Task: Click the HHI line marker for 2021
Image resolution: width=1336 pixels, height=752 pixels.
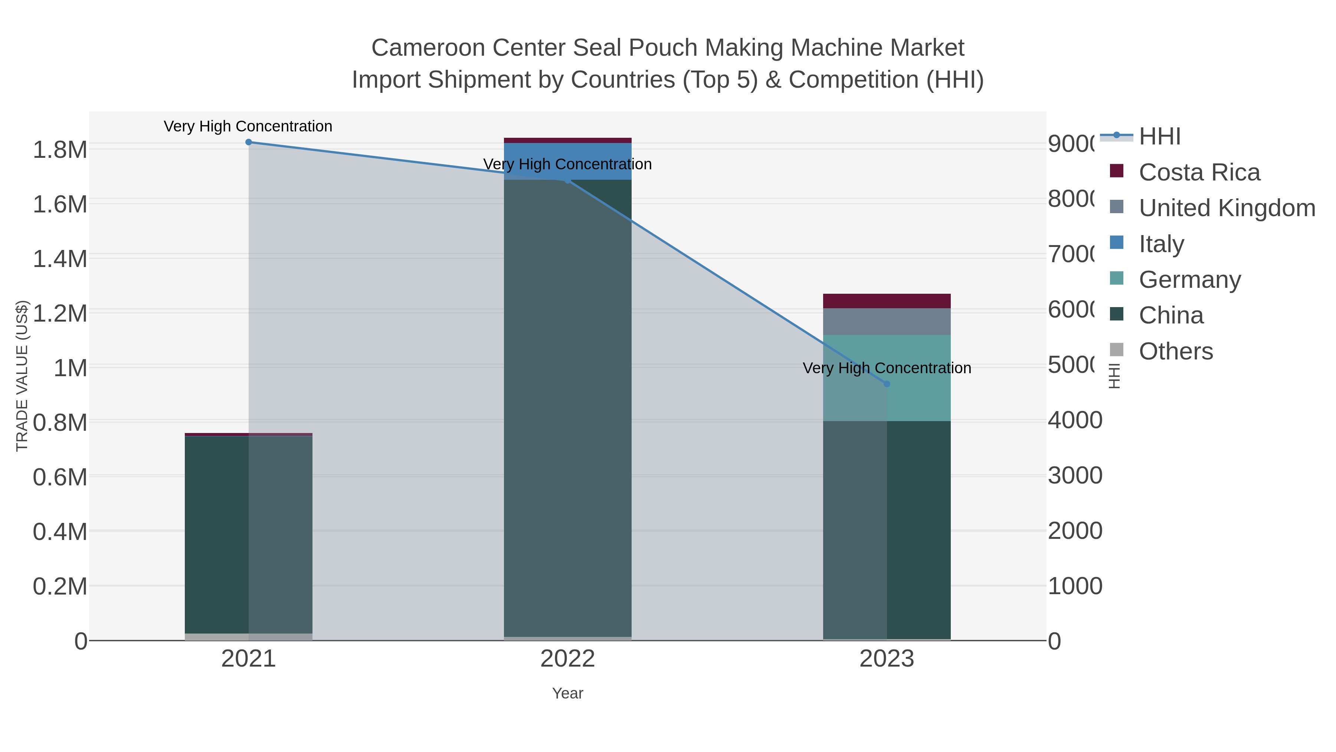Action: pos(248,142)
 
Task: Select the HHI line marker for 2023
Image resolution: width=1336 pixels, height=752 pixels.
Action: pos(886,384)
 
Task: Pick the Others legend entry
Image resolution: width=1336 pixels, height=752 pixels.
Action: pos(1176,351)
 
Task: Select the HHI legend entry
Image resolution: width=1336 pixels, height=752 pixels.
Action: pos(1160,137)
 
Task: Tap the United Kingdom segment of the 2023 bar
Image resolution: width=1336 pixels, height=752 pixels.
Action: pos(886,322)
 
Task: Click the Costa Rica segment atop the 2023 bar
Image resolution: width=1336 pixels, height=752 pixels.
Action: pos(886,301)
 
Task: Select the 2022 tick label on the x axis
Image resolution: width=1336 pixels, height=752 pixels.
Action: pos(567,659)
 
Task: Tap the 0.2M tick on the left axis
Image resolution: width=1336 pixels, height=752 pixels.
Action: pos(60,586)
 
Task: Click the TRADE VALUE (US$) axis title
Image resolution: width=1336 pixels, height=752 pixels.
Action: pos(22,376)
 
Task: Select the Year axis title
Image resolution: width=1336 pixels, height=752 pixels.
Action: pos(567,693)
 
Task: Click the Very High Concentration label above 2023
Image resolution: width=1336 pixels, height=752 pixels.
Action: pos(886,368)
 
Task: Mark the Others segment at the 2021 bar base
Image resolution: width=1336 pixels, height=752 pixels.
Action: pos(248,637)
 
